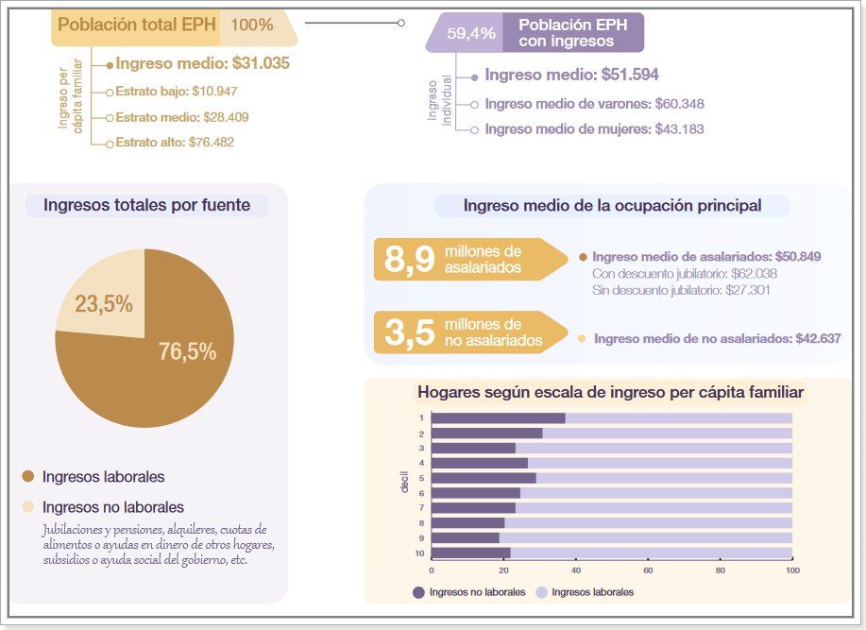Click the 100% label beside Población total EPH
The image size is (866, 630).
pos(251,25)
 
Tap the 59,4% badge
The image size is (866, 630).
pos(470,33)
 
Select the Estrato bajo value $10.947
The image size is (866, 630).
pos(213,92)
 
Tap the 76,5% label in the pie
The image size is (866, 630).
pos(187,352)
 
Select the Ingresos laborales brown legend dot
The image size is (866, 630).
pos(27,477)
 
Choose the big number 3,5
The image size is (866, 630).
pos(409,333)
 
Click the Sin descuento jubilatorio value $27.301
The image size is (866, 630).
pos(747,291)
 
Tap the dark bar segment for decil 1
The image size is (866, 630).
pos(498,418)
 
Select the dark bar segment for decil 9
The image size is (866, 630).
pos(465,537)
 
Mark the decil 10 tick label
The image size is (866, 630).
pos(420,553)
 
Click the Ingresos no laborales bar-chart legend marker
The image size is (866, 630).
pos(418,592)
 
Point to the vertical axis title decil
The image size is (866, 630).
pos(404,485)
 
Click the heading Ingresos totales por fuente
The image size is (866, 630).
pos(146,205)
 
